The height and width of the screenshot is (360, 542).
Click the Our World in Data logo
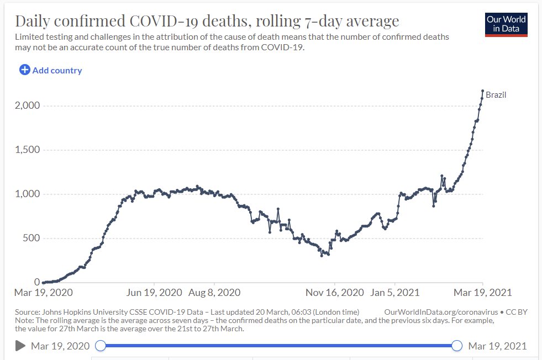(x=506, y=24)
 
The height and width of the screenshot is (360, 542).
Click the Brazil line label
(x=496, y=95)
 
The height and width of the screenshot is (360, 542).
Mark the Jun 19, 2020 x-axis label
(x=154, y=293)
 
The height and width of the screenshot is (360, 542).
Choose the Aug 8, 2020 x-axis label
(x=214, y=293)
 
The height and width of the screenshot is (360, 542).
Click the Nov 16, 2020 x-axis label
(x=335, y=293)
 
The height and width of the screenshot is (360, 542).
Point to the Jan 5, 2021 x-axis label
(x=394, y=293)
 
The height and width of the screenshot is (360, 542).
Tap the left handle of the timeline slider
(x=101, y=346)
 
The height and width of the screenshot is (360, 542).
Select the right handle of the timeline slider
(x=457, y=346)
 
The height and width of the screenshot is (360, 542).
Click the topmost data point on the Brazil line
(x=482, y=91)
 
